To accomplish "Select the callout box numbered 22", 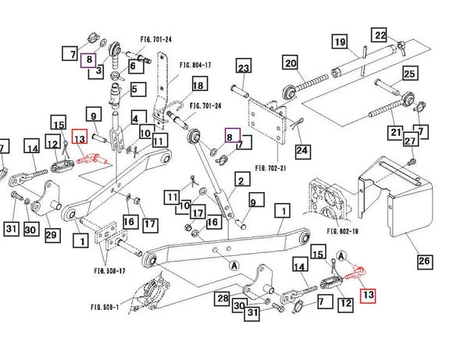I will (x=380, y=35).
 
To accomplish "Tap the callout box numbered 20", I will (x=290, y=63).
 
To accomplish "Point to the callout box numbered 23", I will (x=242, y=68).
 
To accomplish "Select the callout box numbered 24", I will (x=301, y=150).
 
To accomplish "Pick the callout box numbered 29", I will (x=52, y=235).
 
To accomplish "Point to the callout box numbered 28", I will (x=223, y=298).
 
